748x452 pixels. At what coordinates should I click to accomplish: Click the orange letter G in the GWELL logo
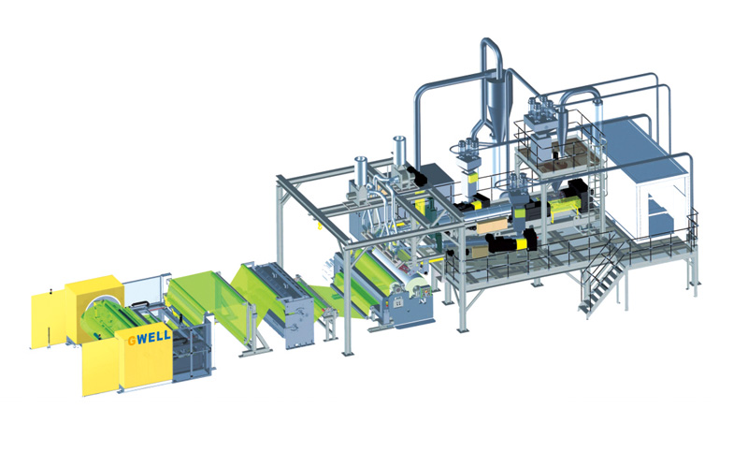tap(131, 341)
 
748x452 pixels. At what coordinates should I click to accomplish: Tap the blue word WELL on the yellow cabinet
tap(153, 336)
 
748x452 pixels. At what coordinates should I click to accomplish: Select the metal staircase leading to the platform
tap(602, 278)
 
